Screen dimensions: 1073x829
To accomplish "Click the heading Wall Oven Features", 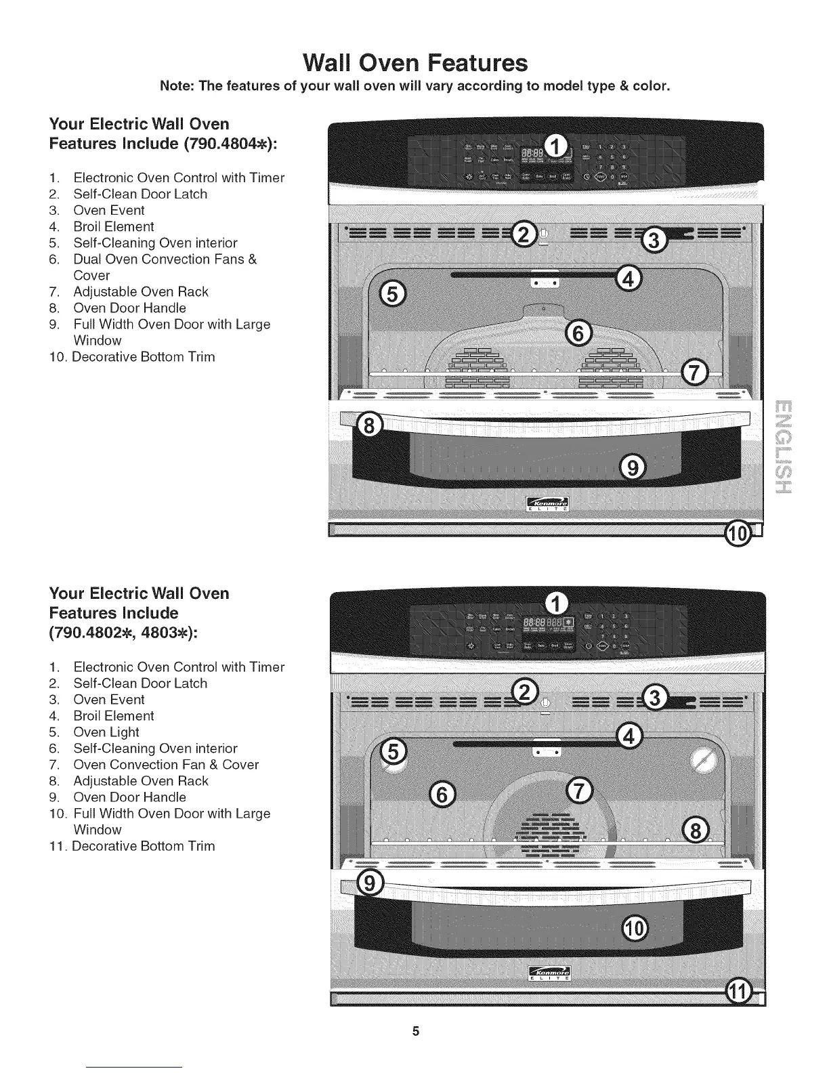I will click(x=414, y=62).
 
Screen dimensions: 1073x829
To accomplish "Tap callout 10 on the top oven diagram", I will click(x=738, y=534).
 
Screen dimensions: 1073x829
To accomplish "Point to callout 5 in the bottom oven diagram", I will click(x=394, y=751).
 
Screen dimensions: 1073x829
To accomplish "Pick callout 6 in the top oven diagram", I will click(x=577, y=333).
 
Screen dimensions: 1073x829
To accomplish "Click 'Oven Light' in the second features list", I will click(x=106, y=732).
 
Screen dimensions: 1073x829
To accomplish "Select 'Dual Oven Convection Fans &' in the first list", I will click(x=165, y=259).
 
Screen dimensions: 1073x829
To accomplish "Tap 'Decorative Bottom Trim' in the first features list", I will click(x=144, y=357).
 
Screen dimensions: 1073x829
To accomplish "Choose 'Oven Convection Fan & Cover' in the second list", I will click(x=166, y=765).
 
